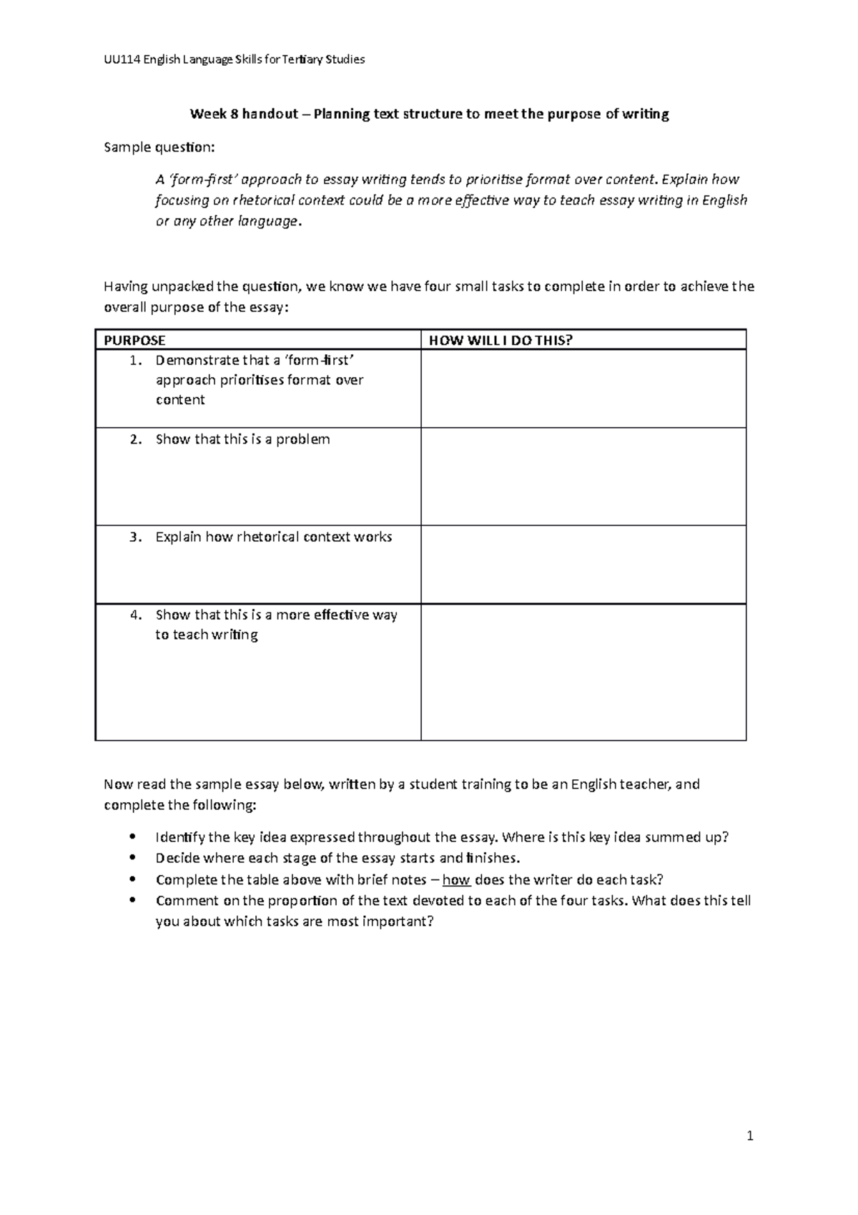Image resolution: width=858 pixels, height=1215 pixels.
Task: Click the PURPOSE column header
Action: pos(134,340)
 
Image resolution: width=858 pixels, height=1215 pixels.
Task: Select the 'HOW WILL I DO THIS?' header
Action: pos(500,340)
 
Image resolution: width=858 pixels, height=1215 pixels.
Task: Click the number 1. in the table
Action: pos(136,360)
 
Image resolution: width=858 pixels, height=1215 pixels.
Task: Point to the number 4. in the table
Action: pos(137,615)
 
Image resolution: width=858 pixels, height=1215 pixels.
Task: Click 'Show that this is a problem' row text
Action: pos(242,439)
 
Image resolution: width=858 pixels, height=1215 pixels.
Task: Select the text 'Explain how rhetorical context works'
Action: pos(273,537)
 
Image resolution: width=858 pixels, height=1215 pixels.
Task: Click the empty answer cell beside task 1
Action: pos(583,389)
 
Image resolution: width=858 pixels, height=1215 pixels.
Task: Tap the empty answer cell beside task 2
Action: pos(583,477)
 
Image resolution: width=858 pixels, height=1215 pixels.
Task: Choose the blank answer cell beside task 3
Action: pos(583,565)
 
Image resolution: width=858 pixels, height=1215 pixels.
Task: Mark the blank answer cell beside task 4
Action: pos(583,672)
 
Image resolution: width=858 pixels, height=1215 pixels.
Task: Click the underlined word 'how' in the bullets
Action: pos(456,879)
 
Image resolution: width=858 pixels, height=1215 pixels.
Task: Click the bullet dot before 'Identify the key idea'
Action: pos(129,837)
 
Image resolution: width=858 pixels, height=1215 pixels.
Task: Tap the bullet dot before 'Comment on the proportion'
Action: pos(129,901)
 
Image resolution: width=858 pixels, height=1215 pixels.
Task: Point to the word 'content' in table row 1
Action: pos(180,400)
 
